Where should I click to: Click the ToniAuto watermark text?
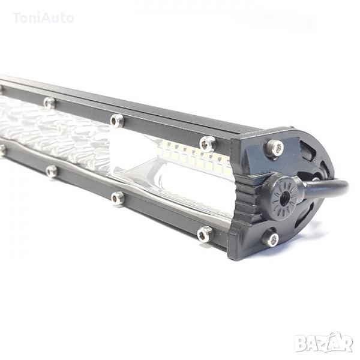[x=44, y=18]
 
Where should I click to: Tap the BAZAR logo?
[x=323, y=344]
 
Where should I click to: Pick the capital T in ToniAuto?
[x=17, y=18]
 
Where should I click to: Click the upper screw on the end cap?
[x=274, y=147]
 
